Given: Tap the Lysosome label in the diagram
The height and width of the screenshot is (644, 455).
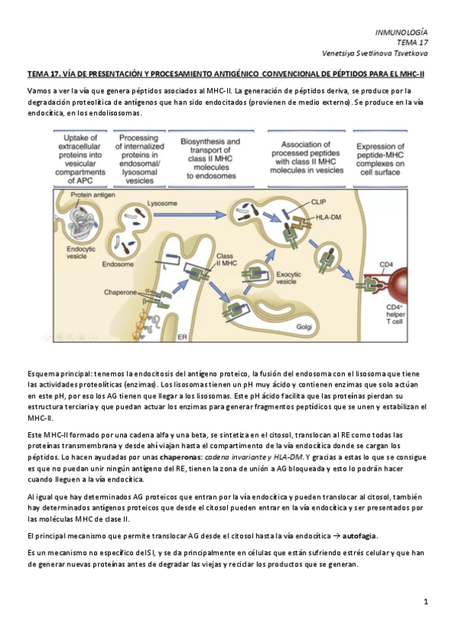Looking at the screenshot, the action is click(163, 204).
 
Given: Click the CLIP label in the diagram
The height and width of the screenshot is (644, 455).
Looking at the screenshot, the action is click(318, 203).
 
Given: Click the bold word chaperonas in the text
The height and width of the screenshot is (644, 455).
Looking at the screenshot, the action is click(182, 456).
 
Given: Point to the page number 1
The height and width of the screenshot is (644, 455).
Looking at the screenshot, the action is click(426, 601).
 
